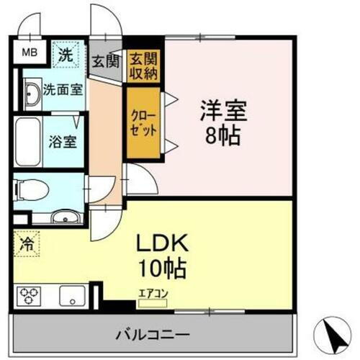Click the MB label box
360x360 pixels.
[x=27, y=53]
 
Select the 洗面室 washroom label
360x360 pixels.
[x=60, y=91]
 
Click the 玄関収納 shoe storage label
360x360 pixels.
[x=143, y=66]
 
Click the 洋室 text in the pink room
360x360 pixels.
[x=223, y=112]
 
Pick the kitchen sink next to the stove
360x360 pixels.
[x=71, y=296]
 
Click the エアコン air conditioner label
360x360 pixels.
[x=152, y=294]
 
